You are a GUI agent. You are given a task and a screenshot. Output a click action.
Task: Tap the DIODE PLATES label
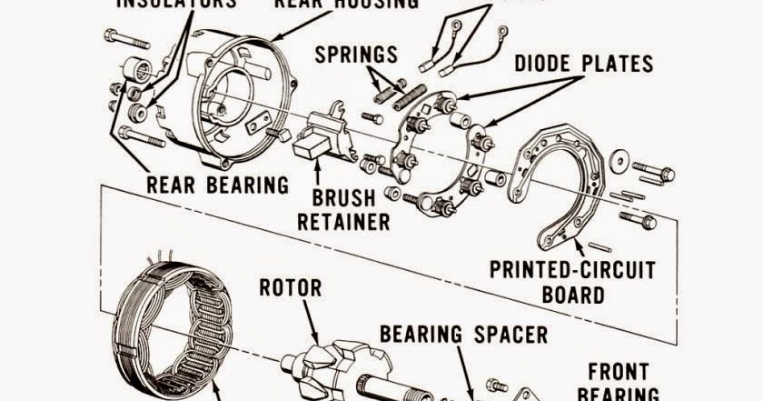click(583, 65)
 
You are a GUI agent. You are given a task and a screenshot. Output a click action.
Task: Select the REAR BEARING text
click(218, 185)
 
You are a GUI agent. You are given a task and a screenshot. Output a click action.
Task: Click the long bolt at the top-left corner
click(125, 39)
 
